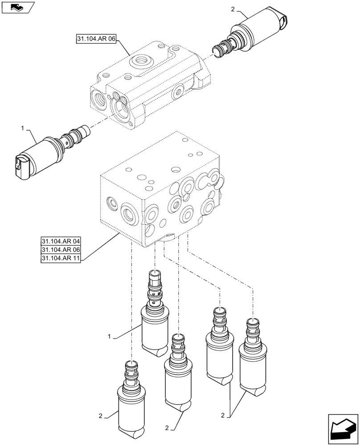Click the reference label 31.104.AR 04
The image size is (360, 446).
click(x=61, y=242)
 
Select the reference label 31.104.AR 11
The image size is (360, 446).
click(x=61, y=259)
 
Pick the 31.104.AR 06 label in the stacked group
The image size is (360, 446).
click(x=61, y=251)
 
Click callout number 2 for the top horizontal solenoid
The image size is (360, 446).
click(x=233, y=9)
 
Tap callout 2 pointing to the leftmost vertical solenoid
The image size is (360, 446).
click(x=101, y=416)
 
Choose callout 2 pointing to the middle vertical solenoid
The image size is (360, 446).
click(x=167, y=428)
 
